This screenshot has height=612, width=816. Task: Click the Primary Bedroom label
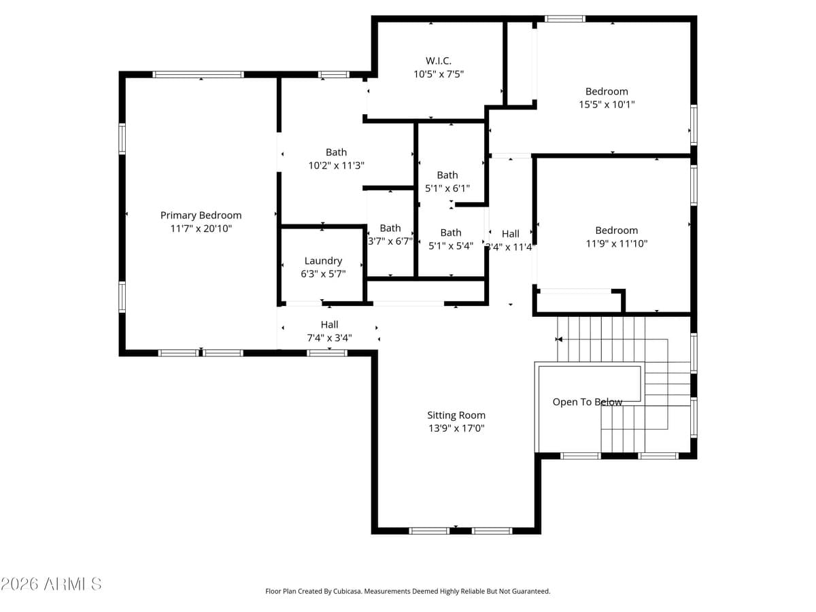click(x=201, y=216)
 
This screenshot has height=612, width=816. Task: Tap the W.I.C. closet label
click(x=439, y=61)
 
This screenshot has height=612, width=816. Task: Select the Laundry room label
click(x=323, y=261)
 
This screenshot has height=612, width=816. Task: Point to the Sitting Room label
click(x=456, y=415)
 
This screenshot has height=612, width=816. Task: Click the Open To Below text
click(x=587, y=403)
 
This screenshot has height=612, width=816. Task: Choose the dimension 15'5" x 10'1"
click(x=607, y=105)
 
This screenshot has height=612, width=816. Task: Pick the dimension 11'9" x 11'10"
click(x=616, y=243)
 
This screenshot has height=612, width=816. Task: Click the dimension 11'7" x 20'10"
click(x=201, y=229)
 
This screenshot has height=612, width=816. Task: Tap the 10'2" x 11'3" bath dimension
click(x=336, y=165)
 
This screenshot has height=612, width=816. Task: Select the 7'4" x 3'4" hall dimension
click(x=329, y=337)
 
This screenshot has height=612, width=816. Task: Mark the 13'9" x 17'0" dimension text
click(x=456, y=428)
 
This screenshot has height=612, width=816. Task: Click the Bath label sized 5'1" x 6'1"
click(x=447, y=175)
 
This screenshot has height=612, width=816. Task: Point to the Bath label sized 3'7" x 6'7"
click(x=390, y=228)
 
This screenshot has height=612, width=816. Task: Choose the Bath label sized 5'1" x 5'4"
click(x=450, y=233)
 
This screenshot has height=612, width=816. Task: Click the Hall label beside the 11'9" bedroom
click(x=510, y=234)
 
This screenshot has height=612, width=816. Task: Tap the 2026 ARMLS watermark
click(x=52, y=584)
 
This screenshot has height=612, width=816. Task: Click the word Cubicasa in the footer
click(x=347, y=592)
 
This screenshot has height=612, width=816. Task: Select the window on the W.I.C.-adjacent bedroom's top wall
click(x=564, y=19)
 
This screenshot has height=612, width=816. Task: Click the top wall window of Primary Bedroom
click(x=198, y=75)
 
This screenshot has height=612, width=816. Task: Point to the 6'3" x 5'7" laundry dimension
click(x=323, y=274)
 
